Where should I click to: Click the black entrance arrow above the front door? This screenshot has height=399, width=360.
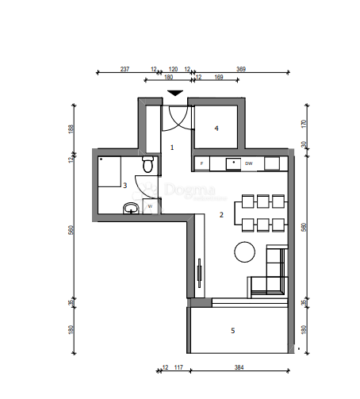tap(174, 94)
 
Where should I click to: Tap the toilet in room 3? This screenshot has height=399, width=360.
tap(147, 164)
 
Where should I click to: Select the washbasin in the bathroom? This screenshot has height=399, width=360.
tap(132, 209)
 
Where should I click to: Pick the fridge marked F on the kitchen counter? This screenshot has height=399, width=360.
tap(202, 163)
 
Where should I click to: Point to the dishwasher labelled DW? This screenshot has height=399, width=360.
tap(248, 163)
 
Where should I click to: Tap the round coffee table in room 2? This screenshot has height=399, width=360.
tap(244, 252)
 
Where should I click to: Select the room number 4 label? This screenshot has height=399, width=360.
tap(216, 127)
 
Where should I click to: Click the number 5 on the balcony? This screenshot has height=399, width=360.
tap(232, 331)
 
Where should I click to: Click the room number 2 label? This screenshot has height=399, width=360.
tap(222, 214)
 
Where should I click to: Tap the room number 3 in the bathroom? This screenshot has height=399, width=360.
tap(124, 185)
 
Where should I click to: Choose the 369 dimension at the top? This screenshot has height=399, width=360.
tap(241, 69)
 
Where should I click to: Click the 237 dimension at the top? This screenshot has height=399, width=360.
tap(124, 69)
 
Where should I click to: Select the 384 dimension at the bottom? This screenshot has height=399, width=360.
tap(240, 367)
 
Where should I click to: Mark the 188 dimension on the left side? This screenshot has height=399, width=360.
tap(71, 129)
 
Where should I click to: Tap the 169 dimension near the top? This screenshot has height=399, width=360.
tap(219, 77)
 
